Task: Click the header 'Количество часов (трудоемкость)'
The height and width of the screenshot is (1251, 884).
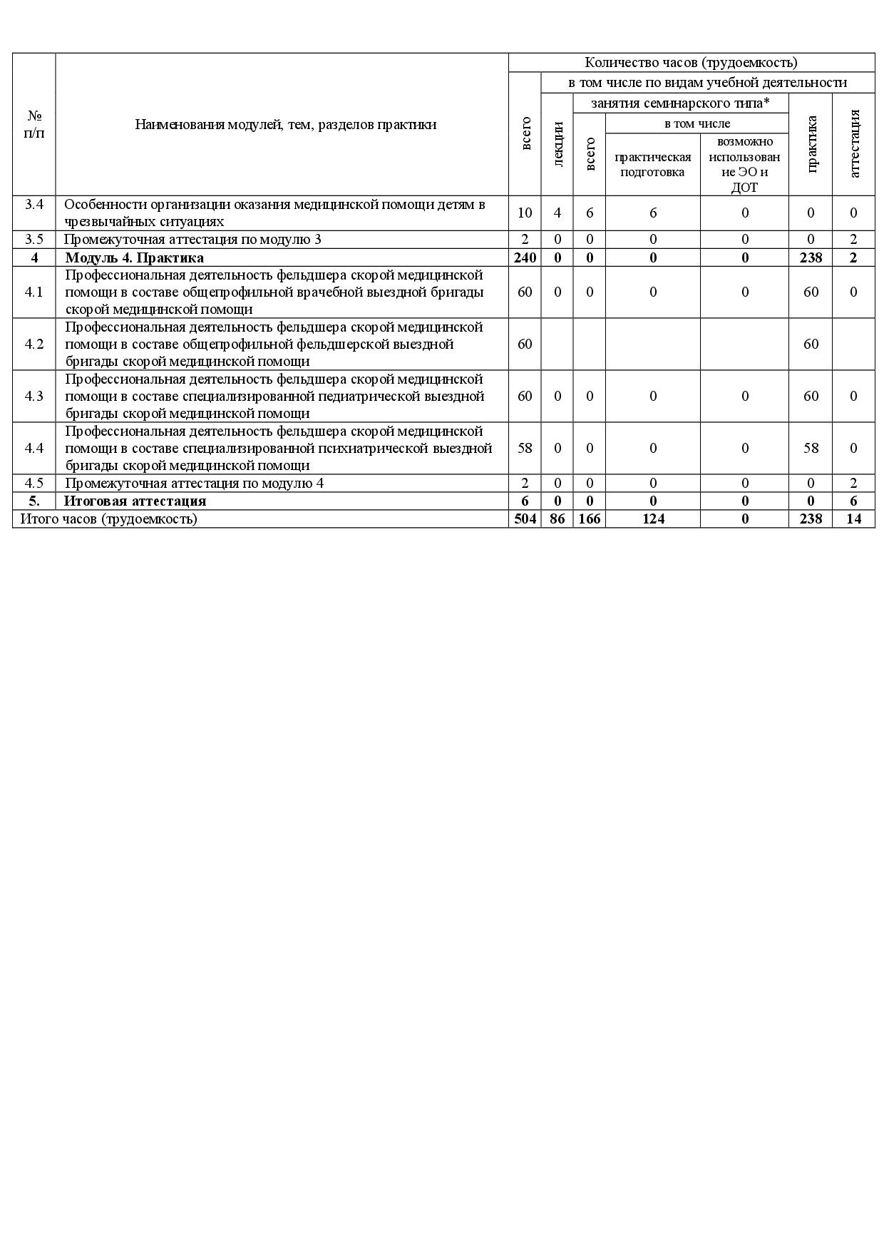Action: [x=691, y=63]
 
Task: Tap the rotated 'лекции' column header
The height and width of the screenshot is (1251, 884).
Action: [x=557, y=144]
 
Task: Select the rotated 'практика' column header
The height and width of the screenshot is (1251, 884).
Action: [x=811, y=144]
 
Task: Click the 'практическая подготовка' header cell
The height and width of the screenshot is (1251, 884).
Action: [x=652, y=165]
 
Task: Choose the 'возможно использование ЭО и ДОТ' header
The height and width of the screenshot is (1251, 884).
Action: [x=744, y=165]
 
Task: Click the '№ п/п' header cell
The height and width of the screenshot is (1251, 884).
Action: [x=34, y=124]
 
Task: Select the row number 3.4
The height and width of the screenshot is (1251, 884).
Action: [x=34, y=205]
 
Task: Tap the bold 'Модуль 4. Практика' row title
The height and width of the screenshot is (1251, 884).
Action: [x=134, y=257]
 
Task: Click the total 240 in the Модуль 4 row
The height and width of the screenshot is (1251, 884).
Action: [x=525, y=257]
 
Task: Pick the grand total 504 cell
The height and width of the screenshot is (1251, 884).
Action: [x=525, y=519]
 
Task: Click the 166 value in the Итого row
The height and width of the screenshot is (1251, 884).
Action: [x=590, y=519]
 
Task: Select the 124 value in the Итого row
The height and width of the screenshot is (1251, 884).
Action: [x=653, y=519]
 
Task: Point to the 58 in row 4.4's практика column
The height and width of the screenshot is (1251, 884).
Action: [x=811, y=448]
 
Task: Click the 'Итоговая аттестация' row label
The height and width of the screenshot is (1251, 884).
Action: [x=135, y=501]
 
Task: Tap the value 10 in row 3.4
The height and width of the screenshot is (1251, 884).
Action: [x=525, y=213]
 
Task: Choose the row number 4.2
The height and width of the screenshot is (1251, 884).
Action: [x=34, y=344]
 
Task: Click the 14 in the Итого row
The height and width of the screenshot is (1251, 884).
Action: [x=853, y=519]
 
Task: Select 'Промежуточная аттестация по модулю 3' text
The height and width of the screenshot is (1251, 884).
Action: [x=192, y=240]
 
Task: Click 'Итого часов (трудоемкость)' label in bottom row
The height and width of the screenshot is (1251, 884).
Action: [x=108, y=519]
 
